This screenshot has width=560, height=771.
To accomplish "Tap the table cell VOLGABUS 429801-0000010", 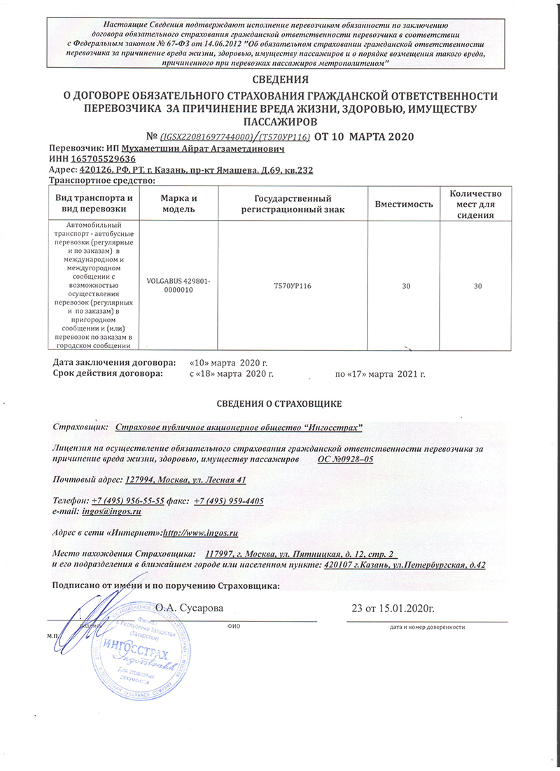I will (x=180, y=285).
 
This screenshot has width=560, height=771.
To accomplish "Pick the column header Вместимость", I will (x=404, y=204).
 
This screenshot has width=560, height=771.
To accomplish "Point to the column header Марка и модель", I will (x=180, y=204).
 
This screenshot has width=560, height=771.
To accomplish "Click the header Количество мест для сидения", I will (x=476, y=204).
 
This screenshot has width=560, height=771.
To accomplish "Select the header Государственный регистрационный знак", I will (x=293, y=204).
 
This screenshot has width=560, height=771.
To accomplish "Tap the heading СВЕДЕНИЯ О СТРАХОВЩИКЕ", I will (x=280, y=404).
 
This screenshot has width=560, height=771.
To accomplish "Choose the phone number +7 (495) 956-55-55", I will (x=128, y=501).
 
